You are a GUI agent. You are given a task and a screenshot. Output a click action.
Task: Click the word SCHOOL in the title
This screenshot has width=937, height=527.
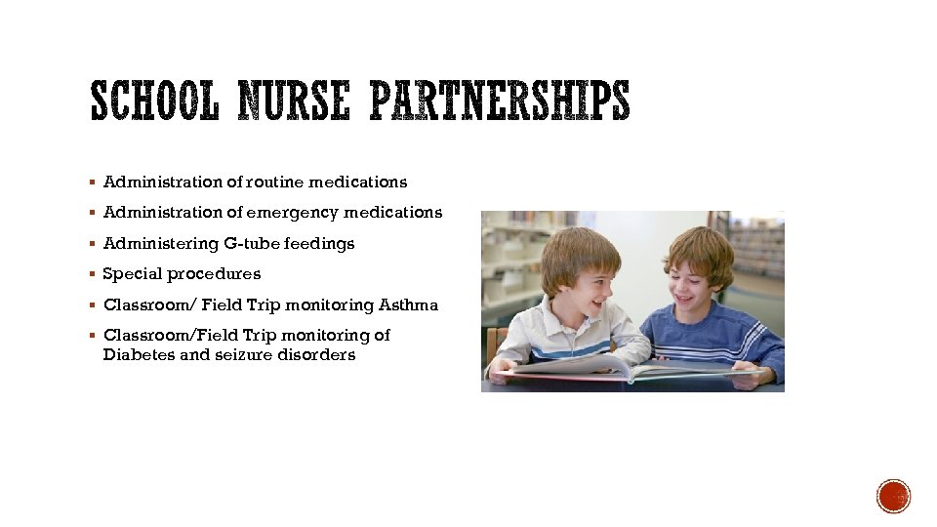(156, 101)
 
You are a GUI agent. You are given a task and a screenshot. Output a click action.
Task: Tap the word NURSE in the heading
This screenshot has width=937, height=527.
(296, 101)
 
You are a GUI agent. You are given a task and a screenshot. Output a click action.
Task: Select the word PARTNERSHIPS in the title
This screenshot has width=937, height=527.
(500, 101)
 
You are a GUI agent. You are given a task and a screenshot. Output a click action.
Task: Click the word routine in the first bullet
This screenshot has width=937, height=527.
(276, 182)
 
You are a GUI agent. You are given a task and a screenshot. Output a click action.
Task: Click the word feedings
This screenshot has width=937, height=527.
(318, 243)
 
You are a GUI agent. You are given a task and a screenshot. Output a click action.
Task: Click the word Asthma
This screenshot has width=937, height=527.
(409, 304)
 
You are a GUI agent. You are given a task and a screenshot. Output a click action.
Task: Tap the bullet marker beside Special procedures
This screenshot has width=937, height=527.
(91, 274)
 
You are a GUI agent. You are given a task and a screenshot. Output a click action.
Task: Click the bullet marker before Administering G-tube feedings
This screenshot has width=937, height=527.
(91, 243)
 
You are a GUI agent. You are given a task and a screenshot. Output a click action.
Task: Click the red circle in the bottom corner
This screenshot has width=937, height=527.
(893, 496)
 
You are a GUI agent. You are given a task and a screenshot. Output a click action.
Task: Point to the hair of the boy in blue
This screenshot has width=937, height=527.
(700, 243)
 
